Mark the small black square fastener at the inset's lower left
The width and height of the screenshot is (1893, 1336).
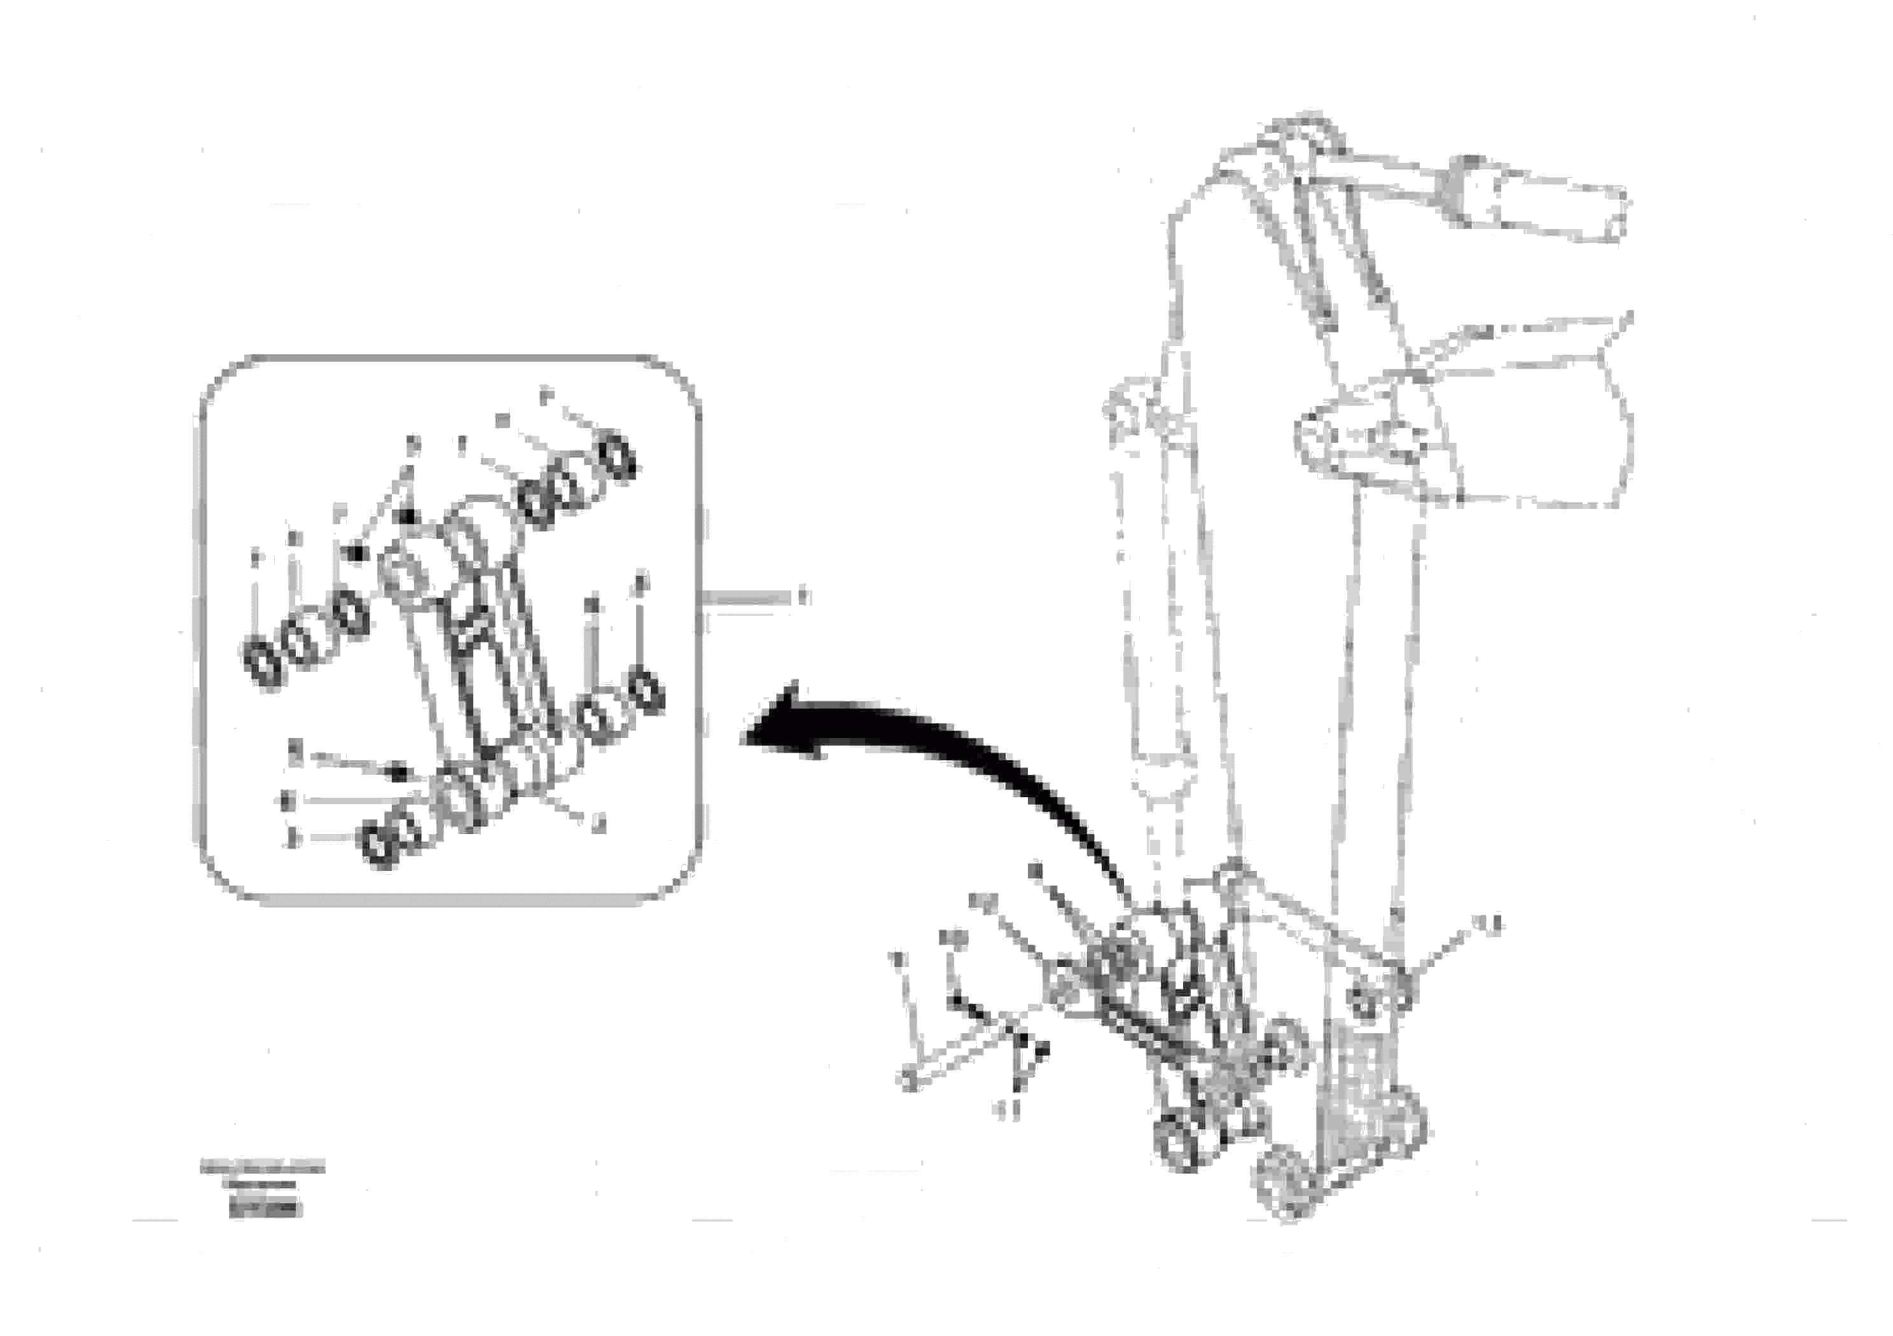coord(399,774)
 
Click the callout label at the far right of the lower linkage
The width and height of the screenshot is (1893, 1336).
coord(1489,925)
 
